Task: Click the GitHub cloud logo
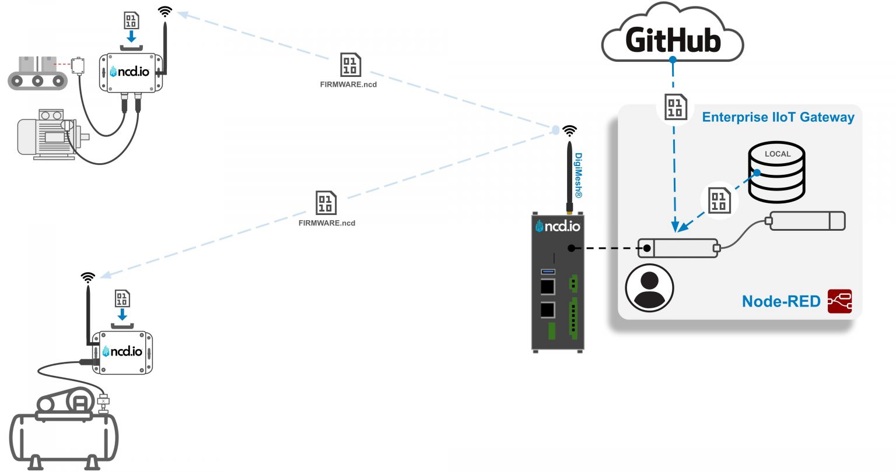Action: point(672,35)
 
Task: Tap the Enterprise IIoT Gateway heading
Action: point(778,117)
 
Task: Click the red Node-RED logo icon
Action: point(839,301)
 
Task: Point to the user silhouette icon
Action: point(649,288)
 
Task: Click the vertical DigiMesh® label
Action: point(579,175)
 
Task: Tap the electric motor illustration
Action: point(50,135)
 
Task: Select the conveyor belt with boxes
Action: point(37,73)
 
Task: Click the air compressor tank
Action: point(64,434)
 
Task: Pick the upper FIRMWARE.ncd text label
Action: point(348,84)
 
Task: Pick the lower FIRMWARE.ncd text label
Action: point(327,223)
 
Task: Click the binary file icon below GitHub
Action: point(675,107)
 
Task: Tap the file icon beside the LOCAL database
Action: point(719,200)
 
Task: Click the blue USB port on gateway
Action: point(548,272)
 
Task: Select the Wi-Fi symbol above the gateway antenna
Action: point(569,131)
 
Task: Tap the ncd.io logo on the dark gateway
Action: point(558,226)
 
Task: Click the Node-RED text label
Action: point(780,301)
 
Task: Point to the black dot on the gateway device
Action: point(571,248)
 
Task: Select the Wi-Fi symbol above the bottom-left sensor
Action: point(88,277)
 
